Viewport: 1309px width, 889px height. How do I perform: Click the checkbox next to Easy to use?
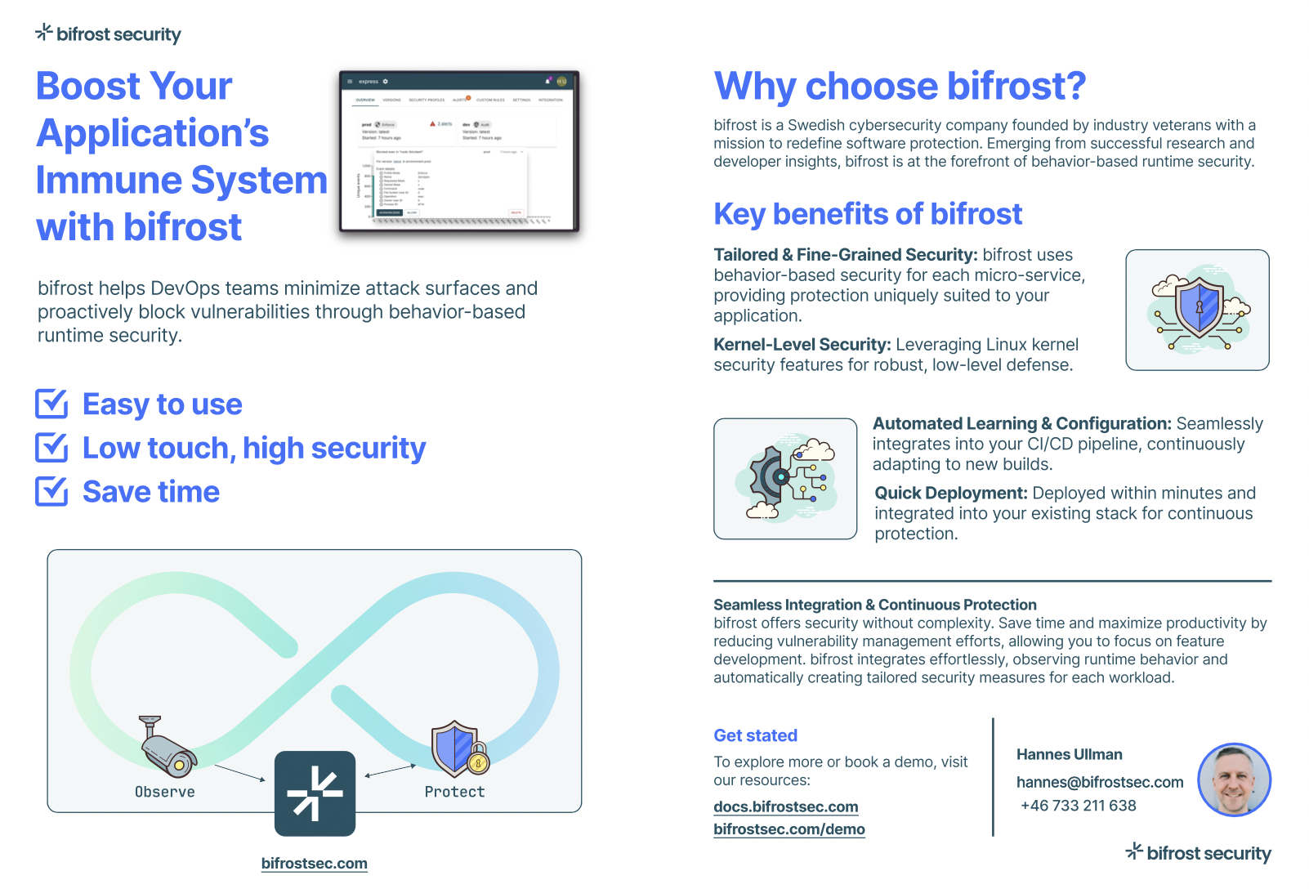click(51, 404)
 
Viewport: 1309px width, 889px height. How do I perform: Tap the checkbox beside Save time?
click(51, 491)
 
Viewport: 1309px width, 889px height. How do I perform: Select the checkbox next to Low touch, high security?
click(51, 448)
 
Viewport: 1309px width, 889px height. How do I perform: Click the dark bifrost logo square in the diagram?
click(315, 793)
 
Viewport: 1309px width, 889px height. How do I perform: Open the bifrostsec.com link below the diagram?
click(315, 864)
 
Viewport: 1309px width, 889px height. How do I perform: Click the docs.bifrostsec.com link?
click(785, 807)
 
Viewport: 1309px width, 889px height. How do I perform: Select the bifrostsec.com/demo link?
click(789, 829)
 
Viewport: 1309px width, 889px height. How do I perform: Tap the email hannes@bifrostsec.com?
click(1099, 782)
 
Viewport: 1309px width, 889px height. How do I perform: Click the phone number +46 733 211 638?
click(1078, 806)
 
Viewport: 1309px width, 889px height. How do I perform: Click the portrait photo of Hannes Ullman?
click(1234, 780)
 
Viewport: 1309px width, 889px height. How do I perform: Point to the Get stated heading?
click(755, 735)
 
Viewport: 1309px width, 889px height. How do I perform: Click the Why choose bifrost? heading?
click(900, 87)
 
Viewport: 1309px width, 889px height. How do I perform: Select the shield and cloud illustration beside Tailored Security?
click(1197, 310)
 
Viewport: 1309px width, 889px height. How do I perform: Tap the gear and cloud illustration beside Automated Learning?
click(785, 479)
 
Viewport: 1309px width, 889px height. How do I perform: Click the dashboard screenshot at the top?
click(459, 151)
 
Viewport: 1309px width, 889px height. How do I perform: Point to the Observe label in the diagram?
click(165, 792)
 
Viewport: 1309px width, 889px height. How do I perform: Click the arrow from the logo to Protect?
click(391, 771)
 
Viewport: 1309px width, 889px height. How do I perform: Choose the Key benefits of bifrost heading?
click(868, 214)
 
